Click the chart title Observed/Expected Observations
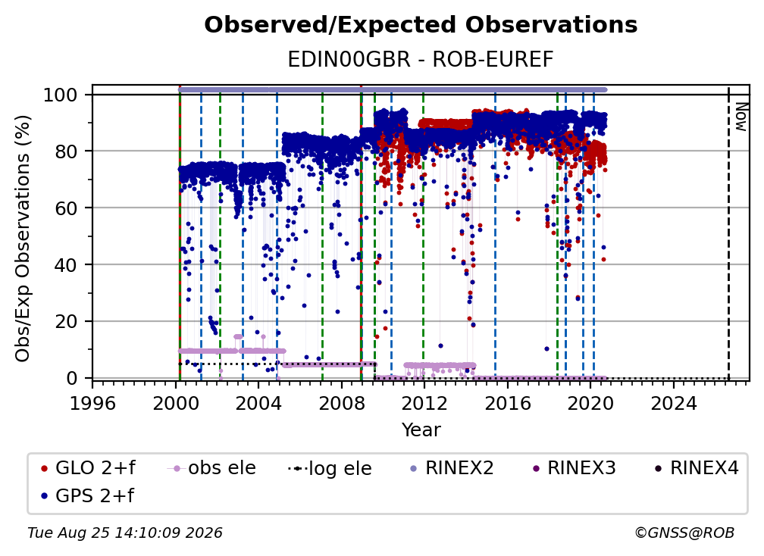point(421,25)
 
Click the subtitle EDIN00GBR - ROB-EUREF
point(421,60)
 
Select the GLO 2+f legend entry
point(88,468)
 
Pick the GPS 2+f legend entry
point(88,495)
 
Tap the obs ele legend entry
point(211,468)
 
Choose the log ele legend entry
point(330,468)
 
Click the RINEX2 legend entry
point(452,468)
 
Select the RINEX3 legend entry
point(574,468)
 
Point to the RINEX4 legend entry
point(697,468)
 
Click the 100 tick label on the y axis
point(61,95)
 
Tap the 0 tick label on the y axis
point(72,378)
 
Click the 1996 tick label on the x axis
point(92,404)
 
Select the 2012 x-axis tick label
point(424,404)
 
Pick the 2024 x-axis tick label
point(674,404)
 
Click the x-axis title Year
point(421,430)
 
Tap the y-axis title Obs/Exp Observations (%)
point(23,239)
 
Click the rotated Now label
point(741,117)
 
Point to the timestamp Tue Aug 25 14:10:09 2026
point(125,533)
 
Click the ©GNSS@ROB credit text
point(684,533)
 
